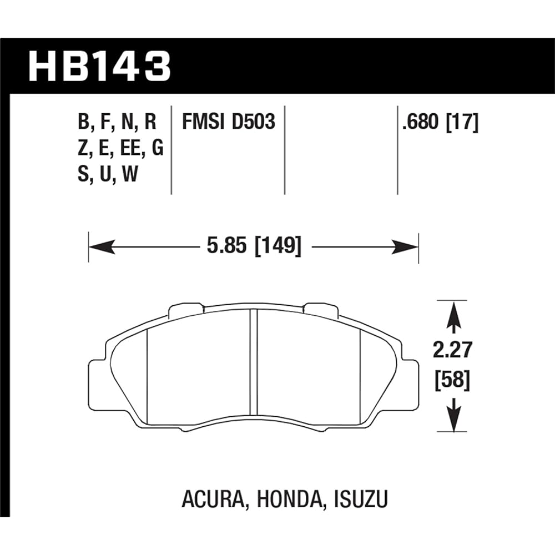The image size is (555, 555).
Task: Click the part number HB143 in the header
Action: [99, 66]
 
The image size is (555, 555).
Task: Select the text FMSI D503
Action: [228, 122]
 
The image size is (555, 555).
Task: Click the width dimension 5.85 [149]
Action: [254, 246]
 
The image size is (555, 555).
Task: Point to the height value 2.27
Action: [453, 350]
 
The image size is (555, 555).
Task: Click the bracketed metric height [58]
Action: [452, 380]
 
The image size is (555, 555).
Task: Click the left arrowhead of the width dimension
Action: [102, 247]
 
